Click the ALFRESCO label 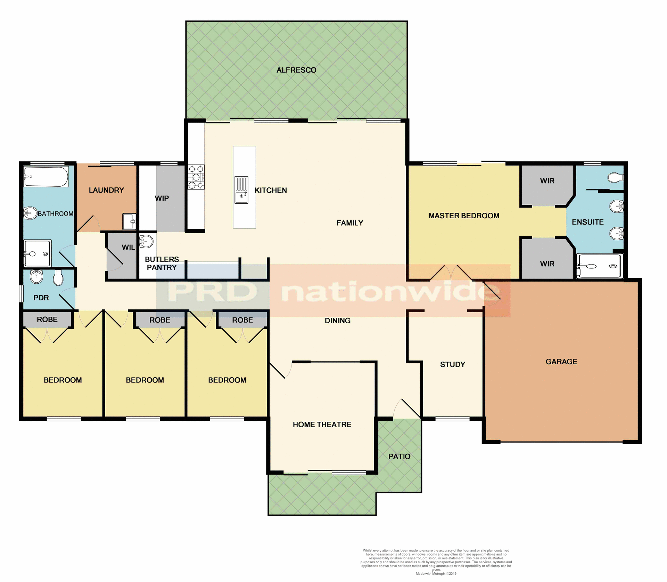coord(296,70)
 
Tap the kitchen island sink coord(241,190)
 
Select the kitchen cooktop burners coord(196,177)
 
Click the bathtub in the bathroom coord(46,177)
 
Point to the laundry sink coord(129,221)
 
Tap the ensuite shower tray coord(599,266)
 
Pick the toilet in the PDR coord(58,278)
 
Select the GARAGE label coord(561,362)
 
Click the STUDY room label coord(452,364)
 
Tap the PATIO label coord(399,456)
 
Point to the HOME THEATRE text coord(322,425)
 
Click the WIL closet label coord(128,248)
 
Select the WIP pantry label coord(162,199)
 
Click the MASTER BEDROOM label coord(464,216)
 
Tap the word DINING coord(337,321)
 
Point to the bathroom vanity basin coord(30,213)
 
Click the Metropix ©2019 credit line coord(436,574)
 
